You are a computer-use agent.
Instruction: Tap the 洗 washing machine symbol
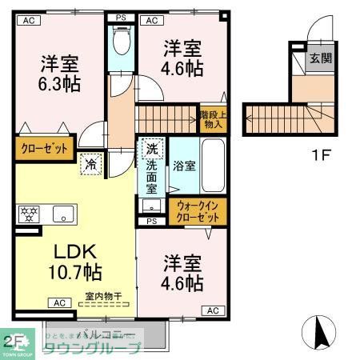150,148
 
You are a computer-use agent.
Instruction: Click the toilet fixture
122,40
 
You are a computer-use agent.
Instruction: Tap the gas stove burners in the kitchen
27,214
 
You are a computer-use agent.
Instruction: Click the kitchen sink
62,214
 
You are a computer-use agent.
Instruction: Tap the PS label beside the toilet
122,17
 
